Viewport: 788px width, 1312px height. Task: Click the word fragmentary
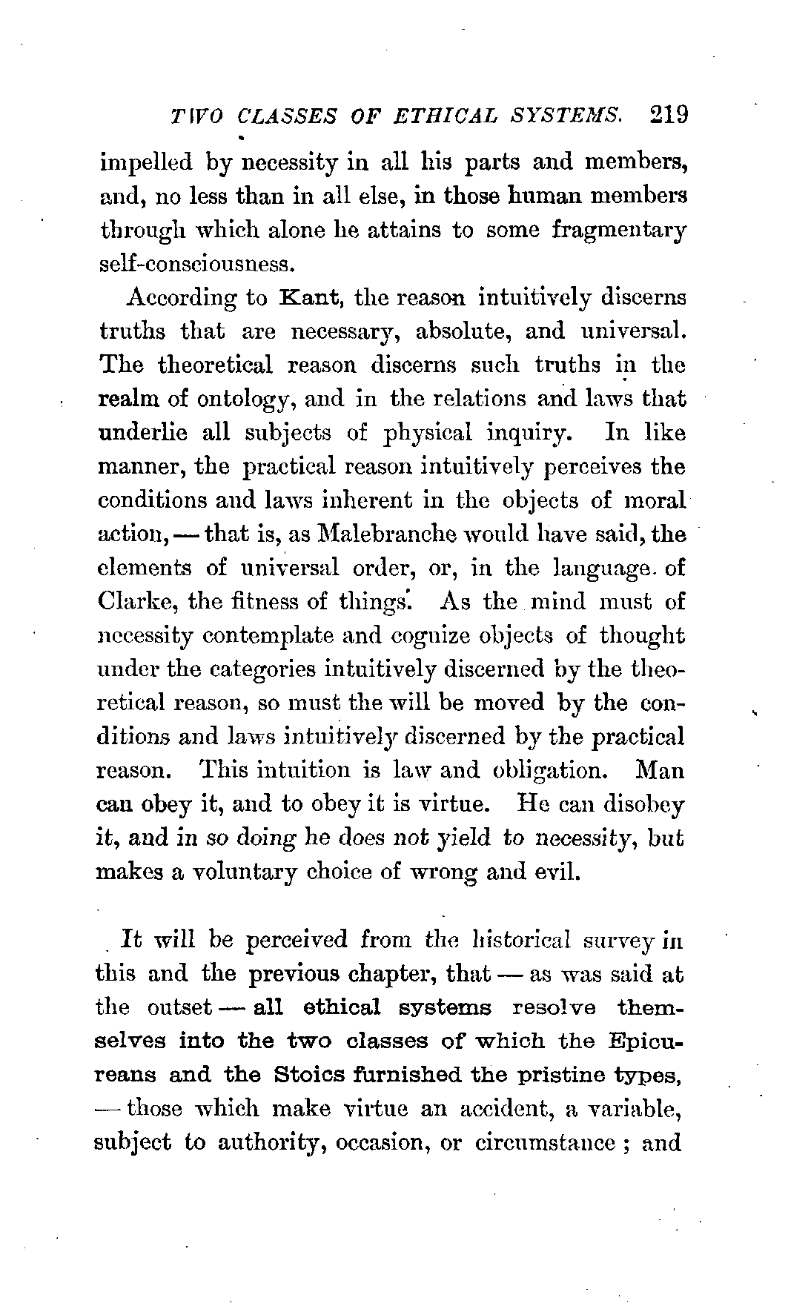[619, 230]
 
